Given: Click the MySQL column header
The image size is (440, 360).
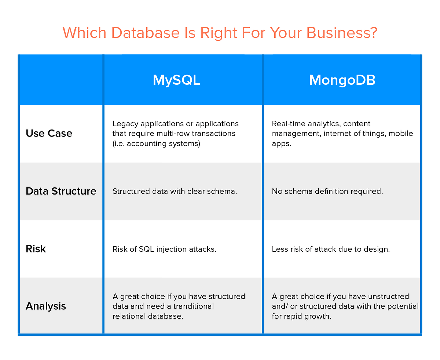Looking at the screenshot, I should coord(176,80).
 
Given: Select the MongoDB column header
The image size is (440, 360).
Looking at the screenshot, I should coord(342,80).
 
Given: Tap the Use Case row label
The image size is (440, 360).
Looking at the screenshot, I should coord(49,133).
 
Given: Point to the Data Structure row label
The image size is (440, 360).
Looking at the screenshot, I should coord(61,191).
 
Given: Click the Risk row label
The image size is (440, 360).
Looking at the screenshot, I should coord(36,249).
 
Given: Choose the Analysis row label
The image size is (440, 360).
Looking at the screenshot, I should coord(46,306).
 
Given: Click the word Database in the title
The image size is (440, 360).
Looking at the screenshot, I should coord(145,33).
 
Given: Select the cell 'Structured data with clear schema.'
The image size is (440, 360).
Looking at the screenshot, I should coord(175,191).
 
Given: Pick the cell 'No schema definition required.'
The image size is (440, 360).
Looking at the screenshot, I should coord(327,191).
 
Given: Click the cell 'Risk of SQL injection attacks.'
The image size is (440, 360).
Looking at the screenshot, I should coord(164,249).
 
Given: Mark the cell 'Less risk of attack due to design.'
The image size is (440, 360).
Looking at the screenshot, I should coord(330,249).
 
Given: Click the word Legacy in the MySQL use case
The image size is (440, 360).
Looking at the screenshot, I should coord(124,124).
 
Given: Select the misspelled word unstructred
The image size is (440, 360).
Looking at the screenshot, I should coord(387,296).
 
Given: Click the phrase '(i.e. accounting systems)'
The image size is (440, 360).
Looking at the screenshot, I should coord(156,143).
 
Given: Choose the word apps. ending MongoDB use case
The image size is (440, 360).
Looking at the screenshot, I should coord(281,143).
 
